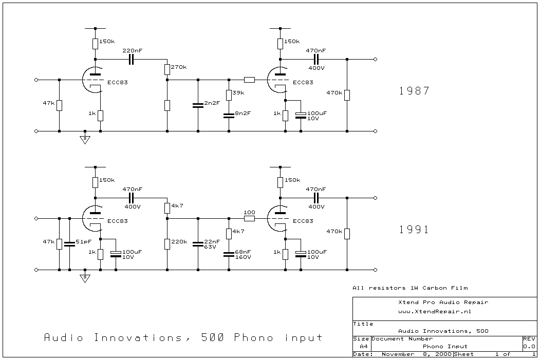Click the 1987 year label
(x=414, y=91)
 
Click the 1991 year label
(x=414, y=230)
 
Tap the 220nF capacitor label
(x=132, y=51)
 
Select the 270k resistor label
(x=179, y=67)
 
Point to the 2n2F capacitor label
(x=212, y=103)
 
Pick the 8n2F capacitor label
(x=243, y=113)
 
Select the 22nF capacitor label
(x=212, y=241)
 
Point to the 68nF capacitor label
(x=243, y=252)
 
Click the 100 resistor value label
(x=249, y=212)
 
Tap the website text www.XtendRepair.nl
(x=435, y=311)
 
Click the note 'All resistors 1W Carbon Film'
(x=410, y=288)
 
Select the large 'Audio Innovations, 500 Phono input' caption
(x=183, y=338)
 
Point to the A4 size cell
(x=361, y=347)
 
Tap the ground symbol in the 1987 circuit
(x=85, y=140)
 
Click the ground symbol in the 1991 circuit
(x=85, y=278)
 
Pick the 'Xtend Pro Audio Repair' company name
(x=443, y=302)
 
